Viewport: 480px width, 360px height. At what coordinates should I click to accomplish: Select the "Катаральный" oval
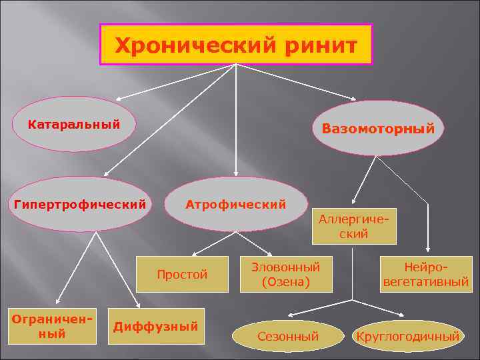[x=73, y=125]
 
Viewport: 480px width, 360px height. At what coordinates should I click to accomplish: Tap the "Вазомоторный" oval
[x=378, y=129]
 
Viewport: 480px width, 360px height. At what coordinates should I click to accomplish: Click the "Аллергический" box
[x=353, y=227]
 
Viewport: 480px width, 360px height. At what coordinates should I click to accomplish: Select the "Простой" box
[x=182, y=274]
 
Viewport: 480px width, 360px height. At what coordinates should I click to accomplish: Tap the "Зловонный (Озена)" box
[x=285, y=274]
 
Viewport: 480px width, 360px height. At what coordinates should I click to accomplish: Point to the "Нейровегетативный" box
[x=426, y=274]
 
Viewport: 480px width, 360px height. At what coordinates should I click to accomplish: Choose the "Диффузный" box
[x=156, y=326]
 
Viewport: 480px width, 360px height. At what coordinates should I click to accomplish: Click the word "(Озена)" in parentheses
[x=285, y=282]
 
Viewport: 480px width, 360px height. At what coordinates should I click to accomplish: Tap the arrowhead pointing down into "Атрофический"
[x=235, y=173]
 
